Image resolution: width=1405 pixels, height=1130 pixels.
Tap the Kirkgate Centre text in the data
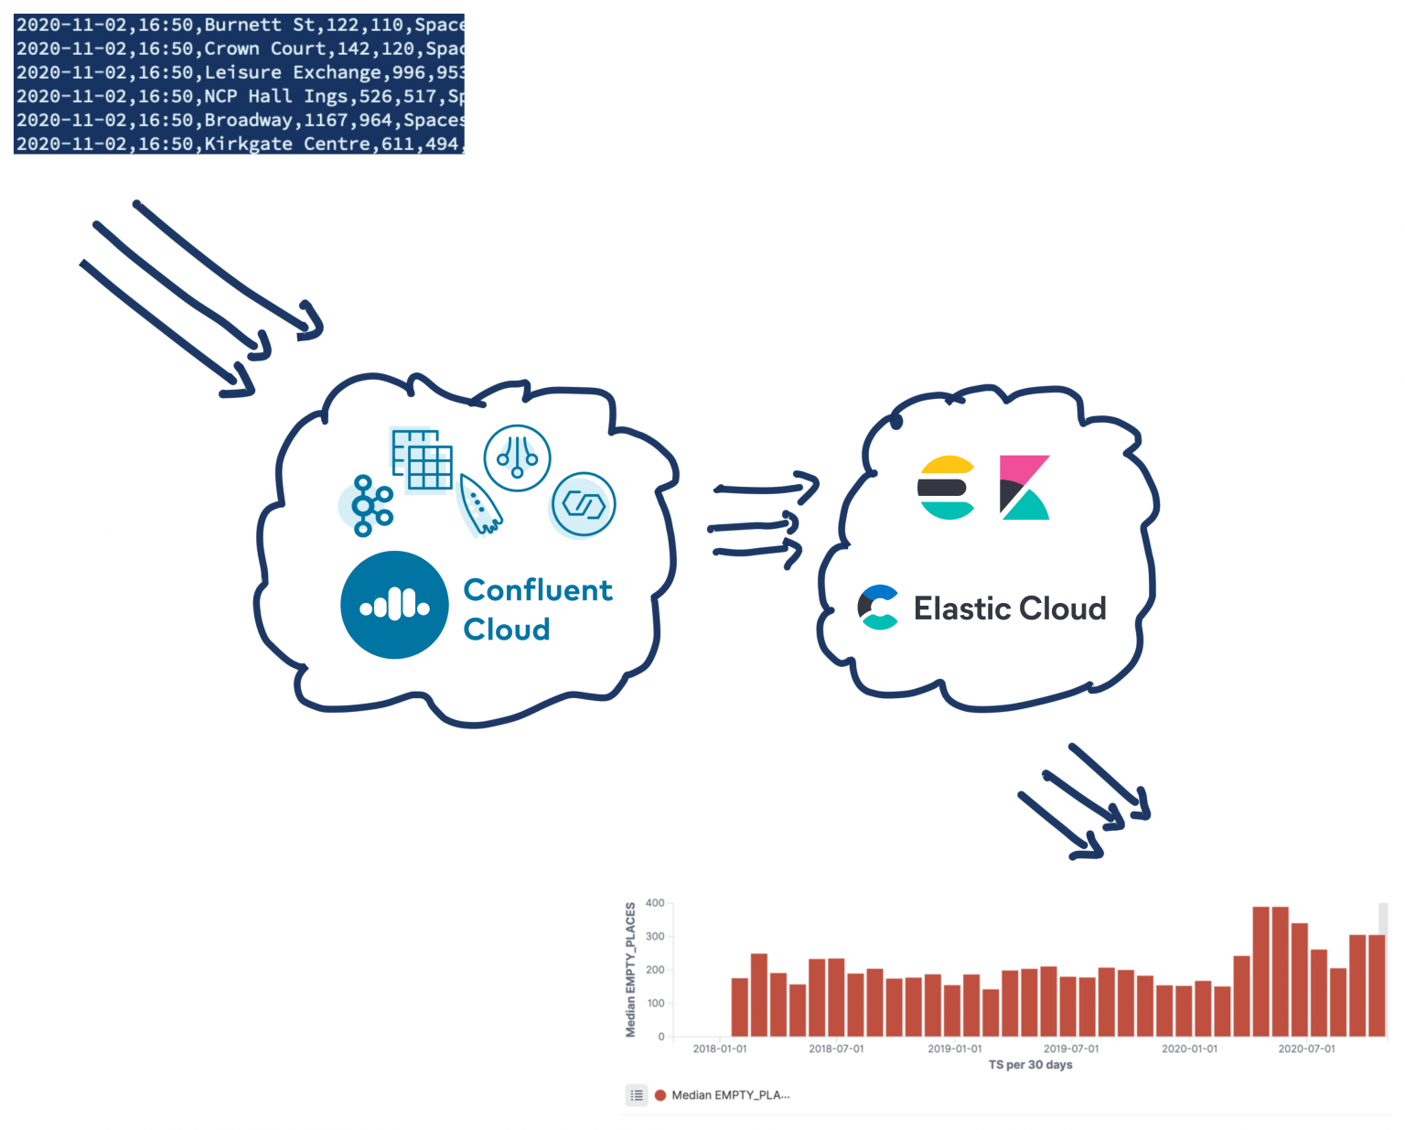[248, 144]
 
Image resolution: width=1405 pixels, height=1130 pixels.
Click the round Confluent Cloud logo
[394, 605]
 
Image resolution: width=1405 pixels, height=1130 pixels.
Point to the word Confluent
[538, 590]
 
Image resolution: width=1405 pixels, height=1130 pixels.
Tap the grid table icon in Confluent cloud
[422, 459]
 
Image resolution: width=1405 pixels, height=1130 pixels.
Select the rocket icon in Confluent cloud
[479, 503]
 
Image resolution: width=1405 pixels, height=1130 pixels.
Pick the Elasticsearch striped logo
[947, 487]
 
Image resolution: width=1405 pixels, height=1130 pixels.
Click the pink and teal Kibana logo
[1024, 487]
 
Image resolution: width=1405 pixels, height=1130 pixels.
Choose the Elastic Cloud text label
[1010, 608]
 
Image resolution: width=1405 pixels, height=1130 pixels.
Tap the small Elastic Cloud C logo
[879, 608]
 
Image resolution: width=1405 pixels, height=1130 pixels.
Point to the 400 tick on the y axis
[655, 903]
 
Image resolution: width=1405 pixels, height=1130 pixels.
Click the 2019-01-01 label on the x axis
[954, 1049]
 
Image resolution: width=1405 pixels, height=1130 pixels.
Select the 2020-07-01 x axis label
[1306, 1049]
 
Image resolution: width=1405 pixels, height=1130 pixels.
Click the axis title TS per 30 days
[1030, 1065]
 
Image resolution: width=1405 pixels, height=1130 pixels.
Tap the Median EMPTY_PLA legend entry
[729, 1095]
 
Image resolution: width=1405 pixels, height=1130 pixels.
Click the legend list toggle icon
[637, 1095]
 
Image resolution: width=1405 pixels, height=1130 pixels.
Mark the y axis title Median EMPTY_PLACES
[630, 970]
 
